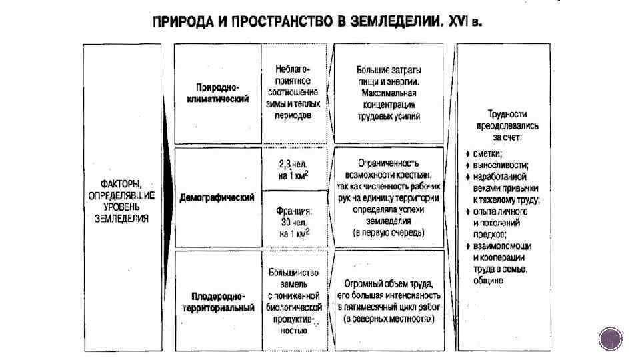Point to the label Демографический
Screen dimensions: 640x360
pos(217,198)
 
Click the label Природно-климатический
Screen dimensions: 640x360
pos(217,93)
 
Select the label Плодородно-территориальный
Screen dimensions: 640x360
pos(217,302)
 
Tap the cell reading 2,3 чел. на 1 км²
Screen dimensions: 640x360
pos(294,169)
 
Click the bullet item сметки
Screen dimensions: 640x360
pos(488,153)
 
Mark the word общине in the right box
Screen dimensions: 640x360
pos(489,281)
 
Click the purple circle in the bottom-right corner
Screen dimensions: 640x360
pos(610,339)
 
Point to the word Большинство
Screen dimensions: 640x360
pos(294,272)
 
